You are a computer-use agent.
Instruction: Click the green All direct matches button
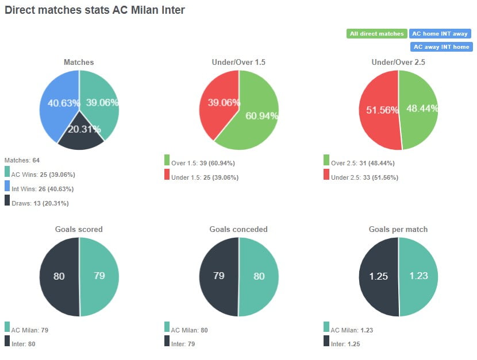[x=376, y=34]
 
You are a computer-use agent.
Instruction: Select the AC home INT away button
[x=440, y=34]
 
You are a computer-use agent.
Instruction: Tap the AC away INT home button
[x=441, y=47]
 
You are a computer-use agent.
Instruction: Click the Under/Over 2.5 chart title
[x=398, y=62]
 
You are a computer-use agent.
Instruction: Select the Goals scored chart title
[x=79, y=229]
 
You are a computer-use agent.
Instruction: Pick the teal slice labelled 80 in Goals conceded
[x=259, y=276]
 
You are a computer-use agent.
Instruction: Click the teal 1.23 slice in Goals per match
[x=419, y=276]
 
